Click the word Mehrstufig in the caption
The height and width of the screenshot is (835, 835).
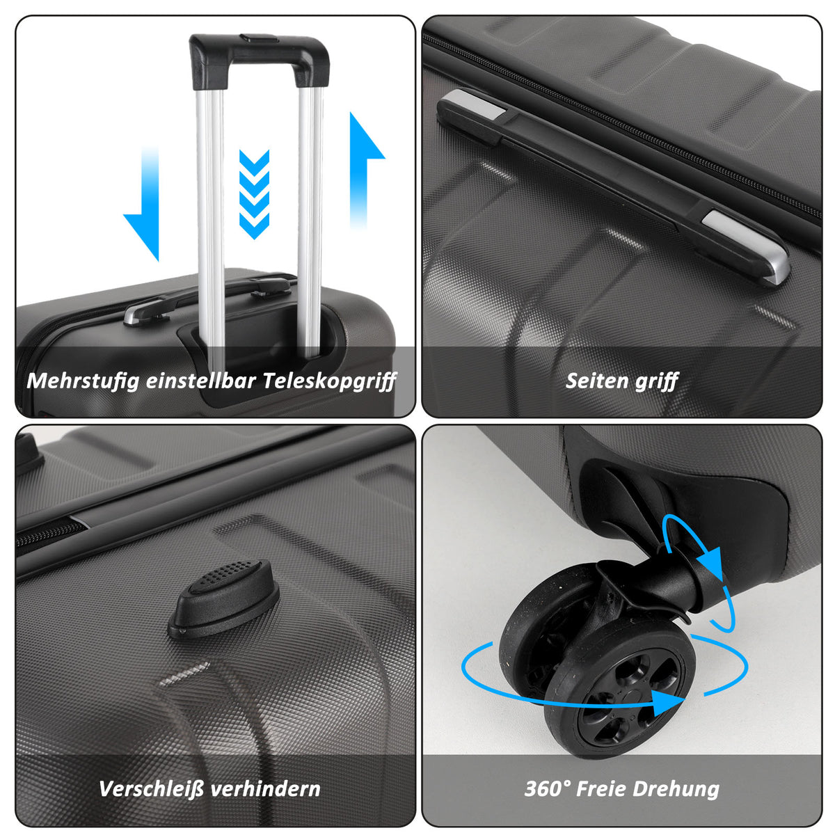click(83, 381)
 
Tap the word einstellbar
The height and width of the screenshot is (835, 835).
click(201, 381)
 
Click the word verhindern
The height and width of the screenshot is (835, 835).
click(265, 788)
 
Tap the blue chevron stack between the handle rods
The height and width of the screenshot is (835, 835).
click(255, 194)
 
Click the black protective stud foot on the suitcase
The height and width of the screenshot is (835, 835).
click(224, 599)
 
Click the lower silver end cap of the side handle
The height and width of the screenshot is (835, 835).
click(746, 246)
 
